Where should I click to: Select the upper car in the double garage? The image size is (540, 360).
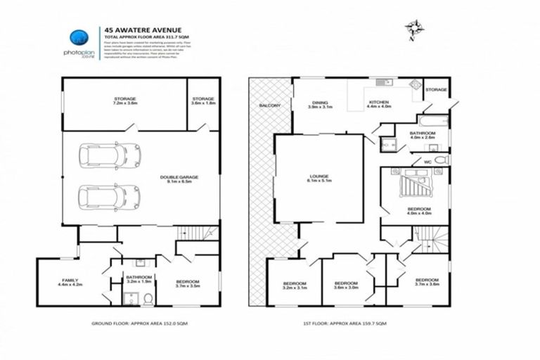[x=109, y=155]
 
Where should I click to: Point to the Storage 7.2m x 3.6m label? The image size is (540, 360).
[x=124, y=101]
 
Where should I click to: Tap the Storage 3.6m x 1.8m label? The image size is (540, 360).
[x=202, y=101]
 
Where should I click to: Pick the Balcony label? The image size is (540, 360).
[x=269, y=105]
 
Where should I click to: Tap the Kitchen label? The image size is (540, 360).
[x=380, y=105]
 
